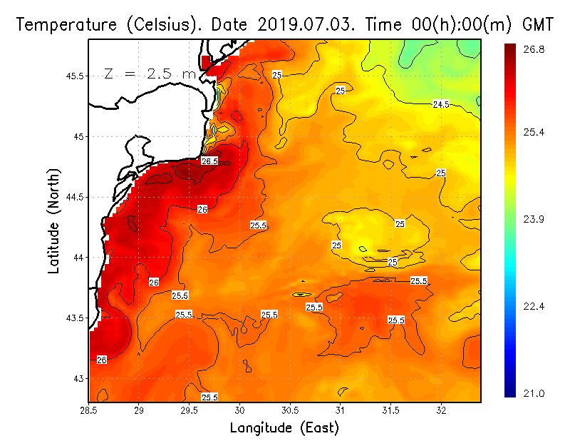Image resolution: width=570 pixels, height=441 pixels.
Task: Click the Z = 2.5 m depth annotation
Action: pos(150,73)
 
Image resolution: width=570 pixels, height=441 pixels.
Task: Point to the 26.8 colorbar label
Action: pos(534,49)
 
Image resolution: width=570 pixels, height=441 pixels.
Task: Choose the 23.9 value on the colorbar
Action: pos(534,219)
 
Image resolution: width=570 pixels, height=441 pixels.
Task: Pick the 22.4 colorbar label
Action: pos(534,306)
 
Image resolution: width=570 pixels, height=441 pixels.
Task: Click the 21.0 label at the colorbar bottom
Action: pos(534,393)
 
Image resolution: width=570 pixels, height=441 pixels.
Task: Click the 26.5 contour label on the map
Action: pos(209,161)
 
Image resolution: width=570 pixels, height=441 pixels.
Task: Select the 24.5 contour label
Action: pos(441,104)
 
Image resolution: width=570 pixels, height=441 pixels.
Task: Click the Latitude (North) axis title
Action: pos(54,221)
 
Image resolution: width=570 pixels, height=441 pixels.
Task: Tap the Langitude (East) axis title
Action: pos(284,428)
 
